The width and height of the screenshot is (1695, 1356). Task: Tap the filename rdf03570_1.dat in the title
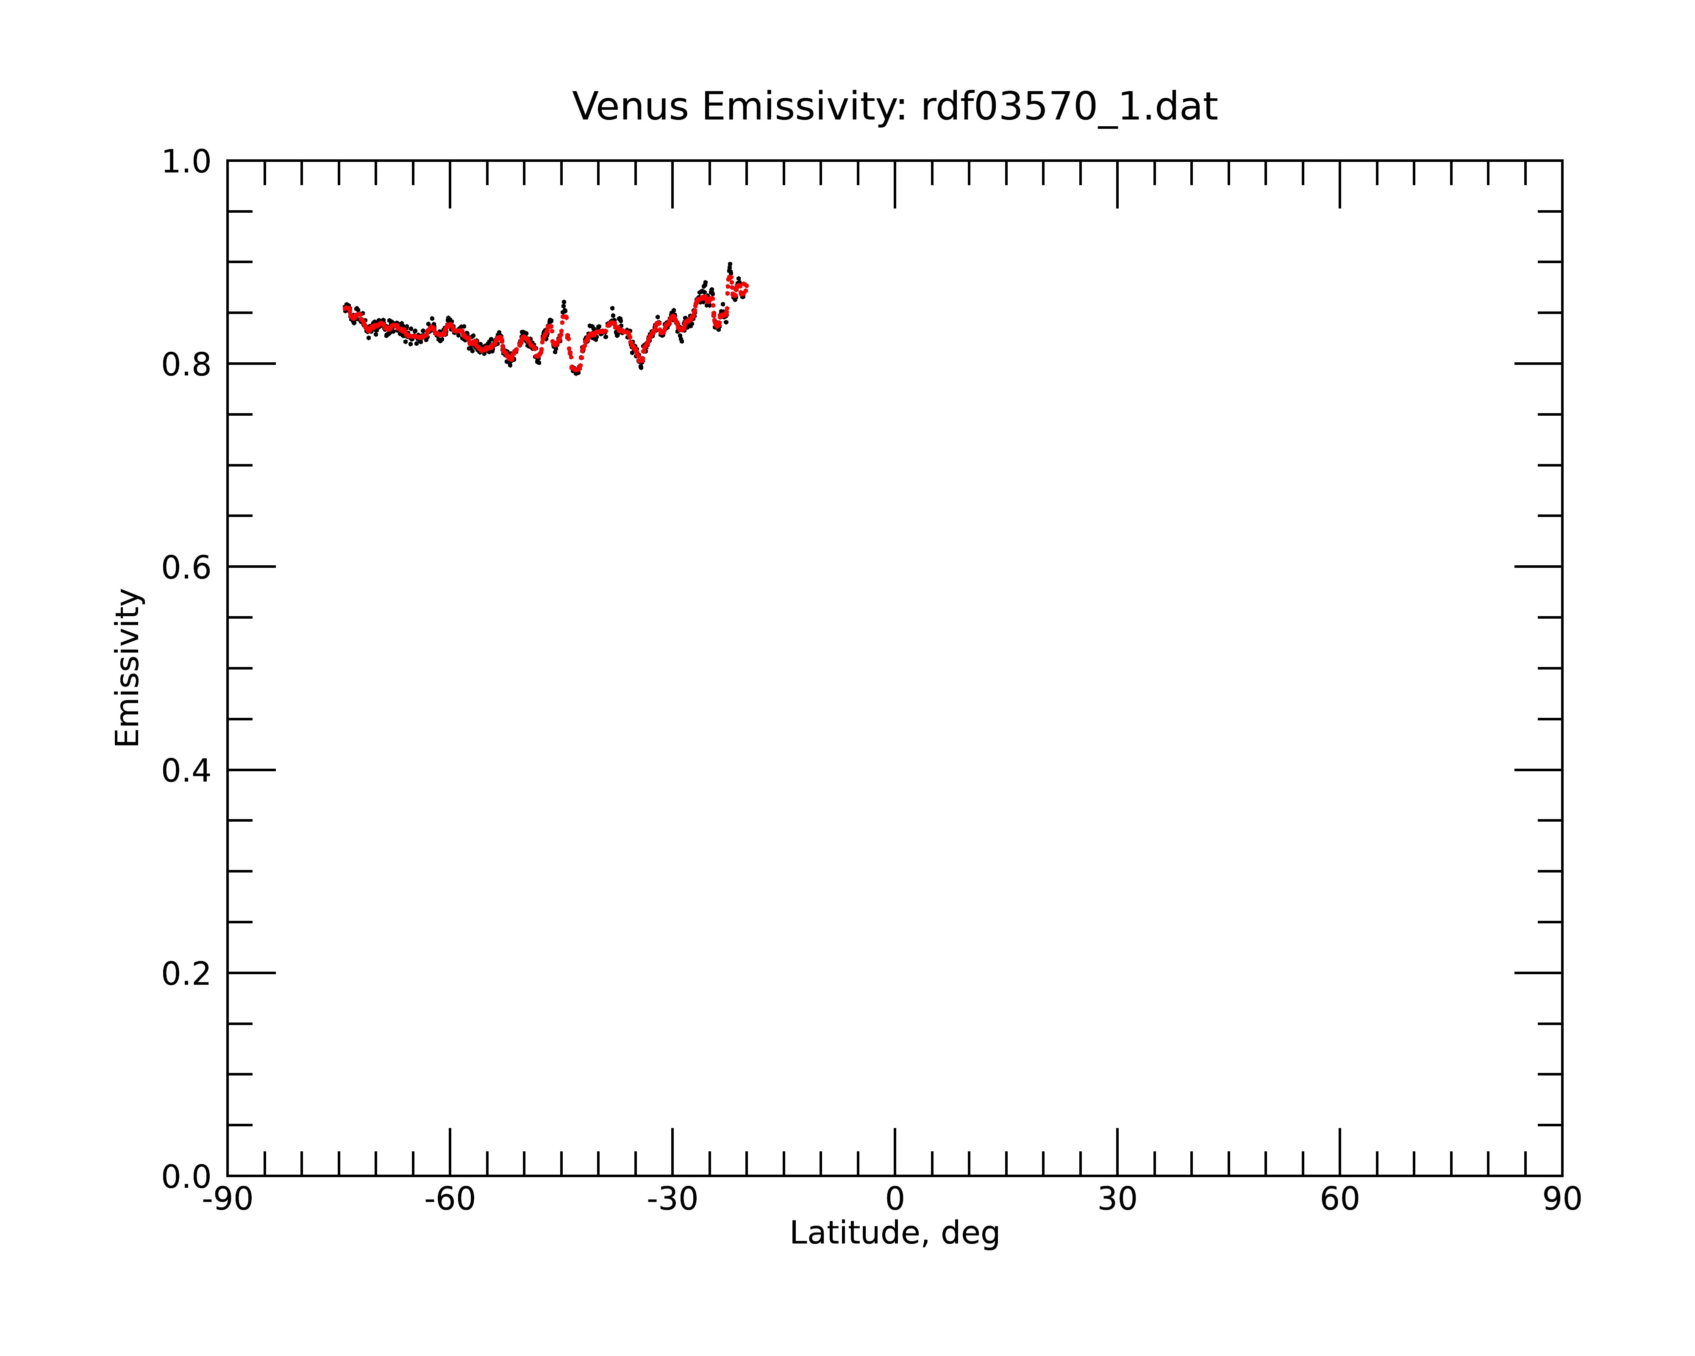(1069, 107)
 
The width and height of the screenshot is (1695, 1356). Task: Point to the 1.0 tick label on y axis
(186, 162)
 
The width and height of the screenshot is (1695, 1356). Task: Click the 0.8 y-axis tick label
(186, 365)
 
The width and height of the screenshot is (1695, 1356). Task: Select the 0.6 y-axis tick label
(186, 567)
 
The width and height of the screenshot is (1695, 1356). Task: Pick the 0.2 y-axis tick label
(186, 974)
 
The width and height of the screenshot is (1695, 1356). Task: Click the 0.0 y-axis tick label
(186, 1177)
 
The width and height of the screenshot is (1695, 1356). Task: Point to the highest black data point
(730, 264)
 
